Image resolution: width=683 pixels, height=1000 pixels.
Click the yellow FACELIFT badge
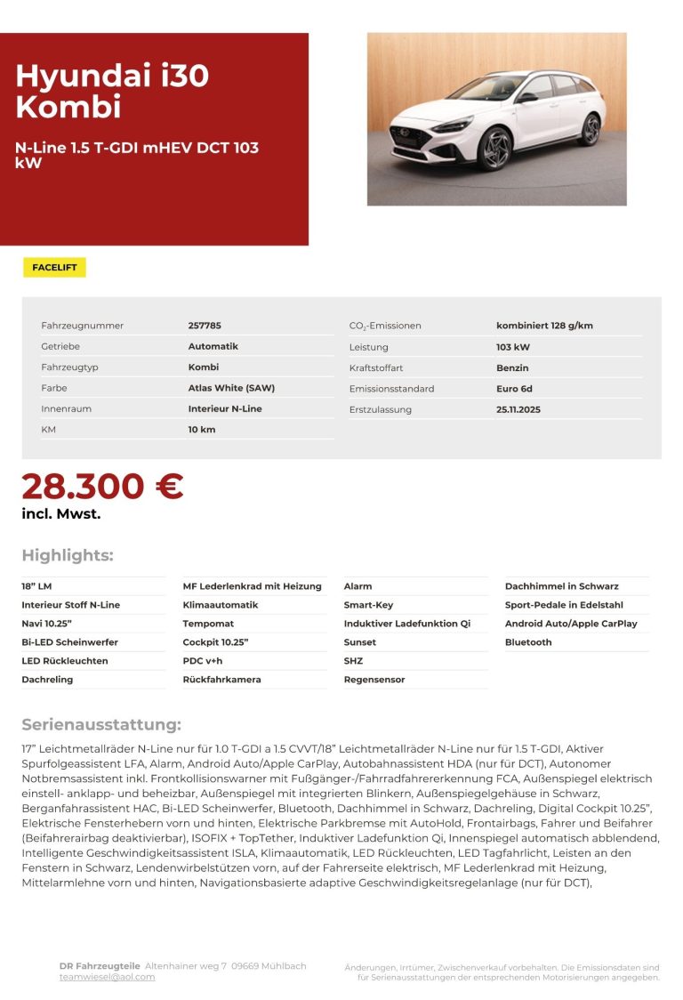click(x=54, y=268)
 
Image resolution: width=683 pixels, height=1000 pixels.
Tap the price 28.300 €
click(x=102, y=487)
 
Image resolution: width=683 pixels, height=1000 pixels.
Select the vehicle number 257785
click(x=205, y=326)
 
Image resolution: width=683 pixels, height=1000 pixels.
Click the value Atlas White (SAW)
click(x=231, y=388)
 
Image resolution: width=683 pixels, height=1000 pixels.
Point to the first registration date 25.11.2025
click(x=518, y=409)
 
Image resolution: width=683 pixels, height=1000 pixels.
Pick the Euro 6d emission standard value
click(x=514, y=389)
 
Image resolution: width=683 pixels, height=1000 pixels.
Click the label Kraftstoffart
click(x=376, y=367)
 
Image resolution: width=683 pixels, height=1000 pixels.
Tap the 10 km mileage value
click(x=202, y=430)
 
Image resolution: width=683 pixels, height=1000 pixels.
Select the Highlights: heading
click(x=68, y=556)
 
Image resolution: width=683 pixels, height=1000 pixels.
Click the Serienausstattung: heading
click(x=101, y=725)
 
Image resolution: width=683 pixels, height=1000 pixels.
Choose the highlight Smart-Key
click(x=368, y=605)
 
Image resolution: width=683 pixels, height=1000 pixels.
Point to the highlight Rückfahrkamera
click(x=221, y=680)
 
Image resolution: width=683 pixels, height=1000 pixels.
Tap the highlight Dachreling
click(x=47, y=680)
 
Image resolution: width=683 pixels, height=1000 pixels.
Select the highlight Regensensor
click(x=374, y=680)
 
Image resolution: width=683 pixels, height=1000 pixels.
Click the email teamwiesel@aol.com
click(x=107, y=977)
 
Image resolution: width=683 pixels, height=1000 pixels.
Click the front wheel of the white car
click(x=495, y=149)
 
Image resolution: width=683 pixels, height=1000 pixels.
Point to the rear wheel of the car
click(x=590, y=130)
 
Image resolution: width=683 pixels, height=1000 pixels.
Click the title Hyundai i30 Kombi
click(x=112, y=91)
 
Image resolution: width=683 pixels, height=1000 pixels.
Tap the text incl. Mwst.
click(x=61, y=513)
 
